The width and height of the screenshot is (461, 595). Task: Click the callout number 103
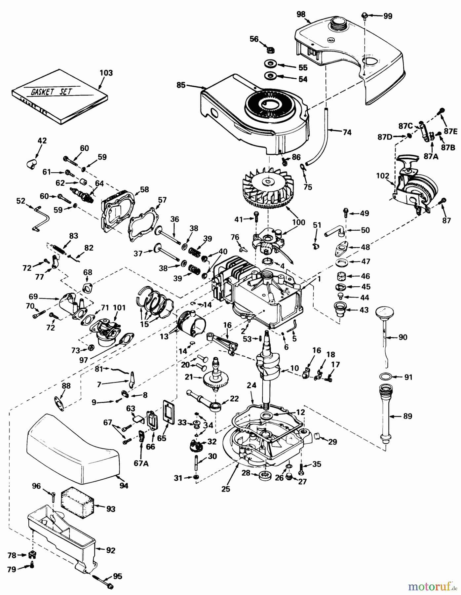tap(106, 73)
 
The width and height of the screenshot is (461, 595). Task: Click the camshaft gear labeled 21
tap(217, 377)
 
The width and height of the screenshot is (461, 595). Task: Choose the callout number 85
tap(181, 85)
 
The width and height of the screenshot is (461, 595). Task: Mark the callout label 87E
tap(450, 131)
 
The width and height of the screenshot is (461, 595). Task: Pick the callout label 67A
tap(141, 464)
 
